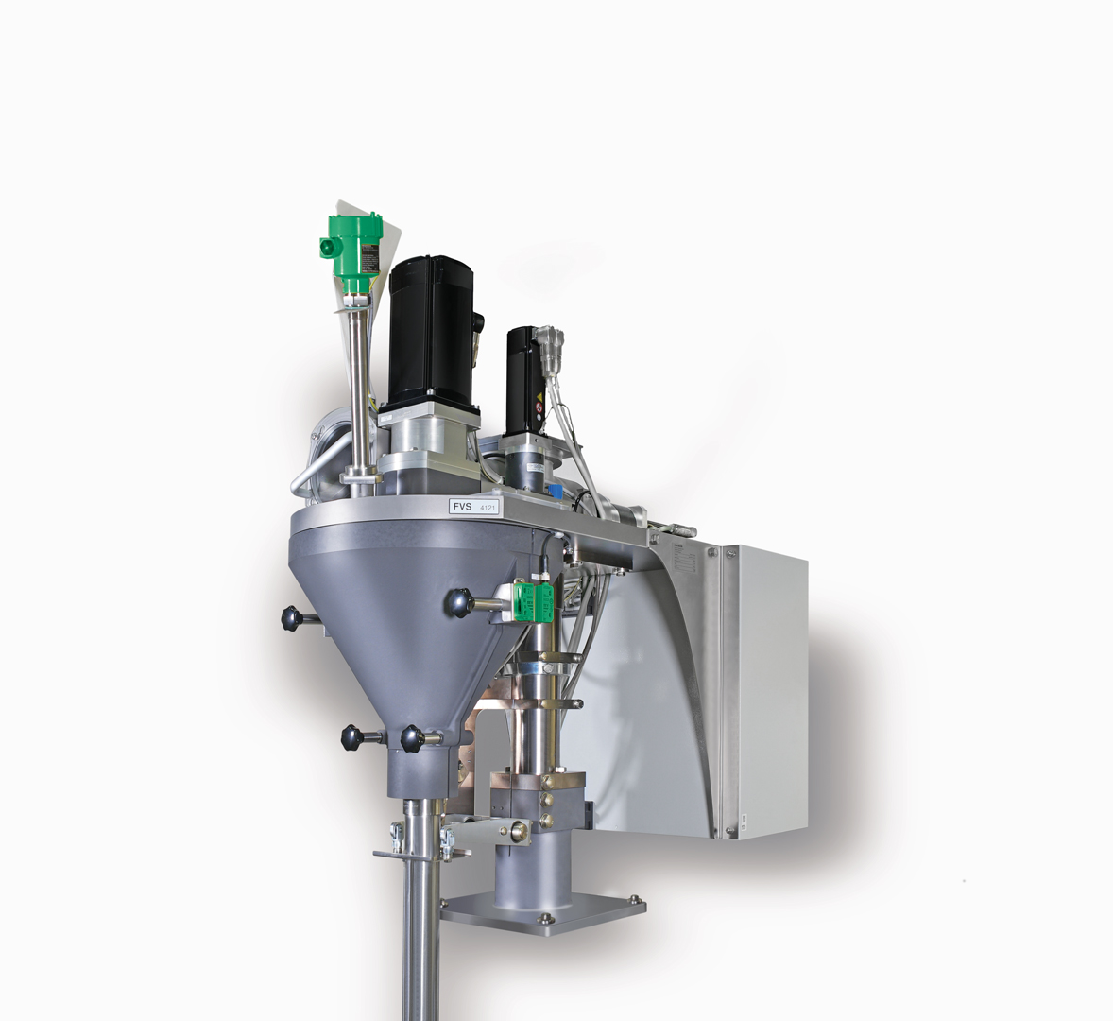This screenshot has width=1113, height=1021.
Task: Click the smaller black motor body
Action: point(522,378)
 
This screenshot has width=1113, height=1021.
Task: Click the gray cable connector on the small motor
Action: point(549,343)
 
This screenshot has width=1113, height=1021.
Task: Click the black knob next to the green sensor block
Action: point(459,602)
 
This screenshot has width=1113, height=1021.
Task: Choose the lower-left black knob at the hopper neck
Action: point(353,737)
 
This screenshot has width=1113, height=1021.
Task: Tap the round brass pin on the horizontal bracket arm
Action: point(518,832)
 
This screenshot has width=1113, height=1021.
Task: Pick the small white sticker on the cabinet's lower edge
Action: point(744,820)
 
